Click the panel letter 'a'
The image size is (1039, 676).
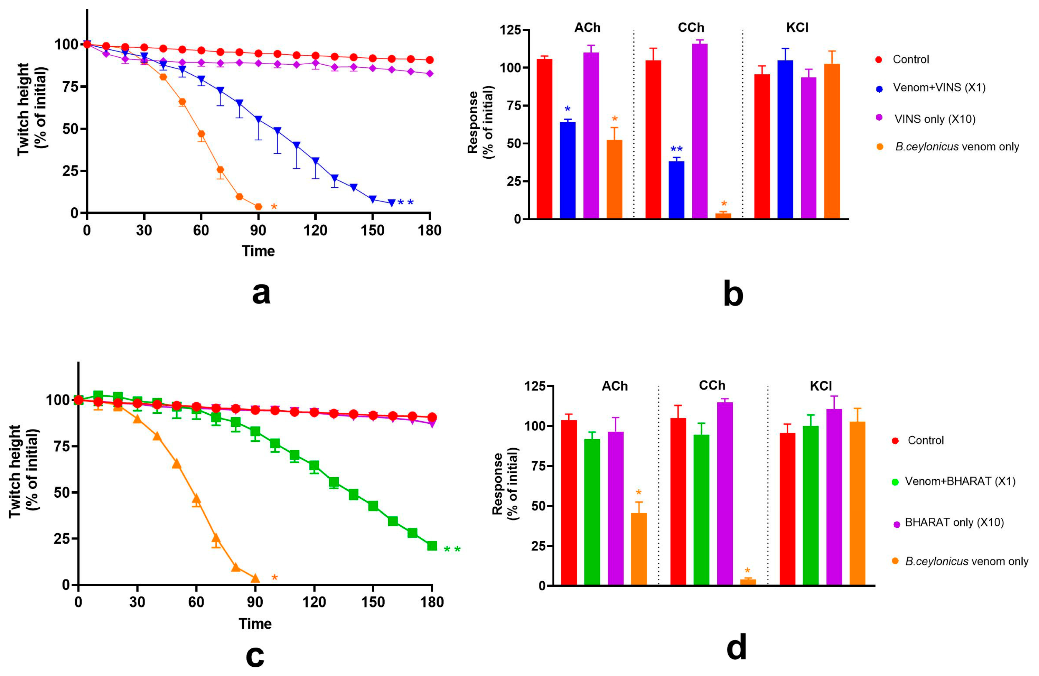261,293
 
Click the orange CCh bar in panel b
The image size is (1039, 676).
723,216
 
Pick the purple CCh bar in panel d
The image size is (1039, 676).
725,493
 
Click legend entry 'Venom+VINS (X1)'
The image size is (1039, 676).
939,88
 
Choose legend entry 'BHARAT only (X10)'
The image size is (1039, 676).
954,523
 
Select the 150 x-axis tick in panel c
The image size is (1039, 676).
373,603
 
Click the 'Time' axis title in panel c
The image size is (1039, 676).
255,623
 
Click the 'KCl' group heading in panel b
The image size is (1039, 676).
797,28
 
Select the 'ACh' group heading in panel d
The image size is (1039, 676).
614,386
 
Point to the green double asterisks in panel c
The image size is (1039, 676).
452,550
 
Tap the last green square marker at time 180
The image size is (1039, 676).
432,546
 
